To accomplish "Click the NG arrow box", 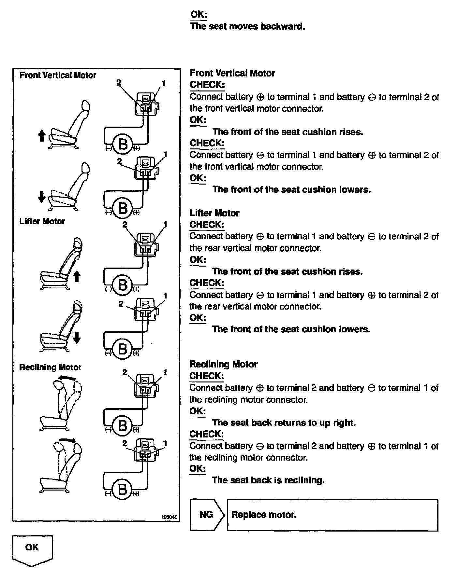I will [x=206, y=515].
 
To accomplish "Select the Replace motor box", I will [x=333, y=515].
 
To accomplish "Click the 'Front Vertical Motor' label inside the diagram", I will [x=58, y=75].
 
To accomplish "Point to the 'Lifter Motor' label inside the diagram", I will [x=42, y=221].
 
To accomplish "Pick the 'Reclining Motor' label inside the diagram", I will [x=50, y=367].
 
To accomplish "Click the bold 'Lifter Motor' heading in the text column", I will [x=215, y=213].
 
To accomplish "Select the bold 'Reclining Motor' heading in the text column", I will [x=224, y=364].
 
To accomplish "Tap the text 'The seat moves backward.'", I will [x=247, y=26].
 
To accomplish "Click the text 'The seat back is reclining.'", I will [x=268, y=480].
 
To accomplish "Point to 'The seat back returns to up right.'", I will [x=284, y=423].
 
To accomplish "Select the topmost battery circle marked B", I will [x=123, y=144].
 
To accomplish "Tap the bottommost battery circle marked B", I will [x=123, y=489].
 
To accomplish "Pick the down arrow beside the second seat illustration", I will [x=41, y=196].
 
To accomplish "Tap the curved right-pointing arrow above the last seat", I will [x=67, y=440].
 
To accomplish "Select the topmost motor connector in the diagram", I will [x=146, y=104].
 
